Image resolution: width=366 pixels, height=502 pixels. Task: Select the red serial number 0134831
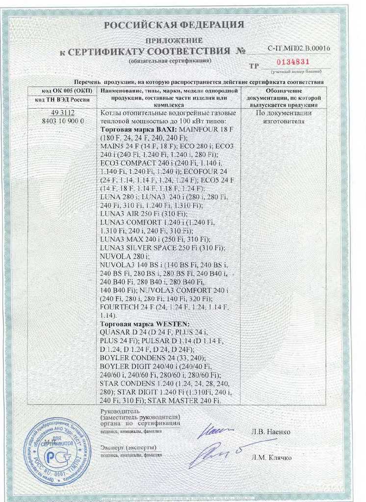click(292, 62)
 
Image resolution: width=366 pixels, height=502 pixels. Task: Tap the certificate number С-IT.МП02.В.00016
click(299, 48)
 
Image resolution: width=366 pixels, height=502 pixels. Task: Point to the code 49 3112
click(59, 113)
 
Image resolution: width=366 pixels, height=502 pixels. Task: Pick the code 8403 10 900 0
click(59, 121)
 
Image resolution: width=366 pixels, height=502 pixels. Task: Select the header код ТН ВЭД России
click(59, 100)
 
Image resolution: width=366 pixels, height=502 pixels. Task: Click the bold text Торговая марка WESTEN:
click(144, 325)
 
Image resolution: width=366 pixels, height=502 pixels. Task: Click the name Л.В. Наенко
click(270, 432)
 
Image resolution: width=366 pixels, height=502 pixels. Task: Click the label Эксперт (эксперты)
click(128, 448)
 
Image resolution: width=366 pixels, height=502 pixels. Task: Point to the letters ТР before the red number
click(254, 66)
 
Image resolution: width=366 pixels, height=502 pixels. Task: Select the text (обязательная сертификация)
click(170, 61)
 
